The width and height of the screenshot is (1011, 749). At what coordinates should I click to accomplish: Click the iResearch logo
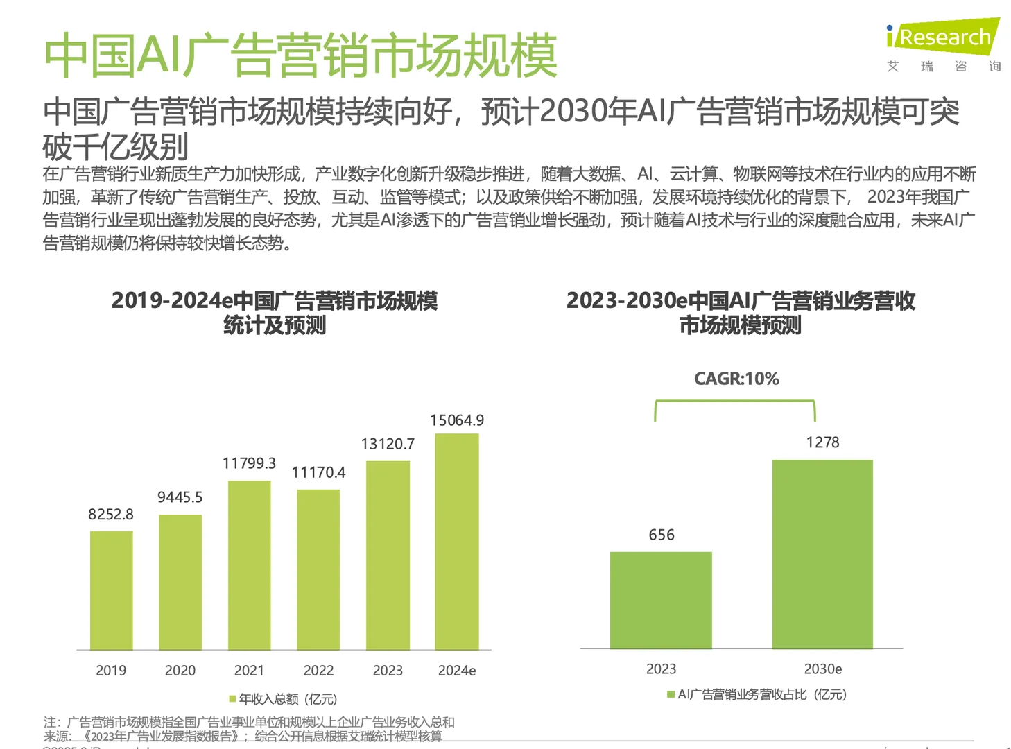(x=944, y=37)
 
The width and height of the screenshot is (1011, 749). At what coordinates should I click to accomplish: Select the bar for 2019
(x=111, y=590)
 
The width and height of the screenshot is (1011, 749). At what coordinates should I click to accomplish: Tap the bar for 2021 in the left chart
(x=249, y=565)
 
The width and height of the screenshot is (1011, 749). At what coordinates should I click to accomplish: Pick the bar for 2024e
(x=457, y=542)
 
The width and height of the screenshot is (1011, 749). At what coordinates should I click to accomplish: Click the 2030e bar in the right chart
(x=822, y=554)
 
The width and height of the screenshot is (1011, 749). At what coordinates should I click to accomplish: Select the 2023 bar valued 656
(x=661, y=600)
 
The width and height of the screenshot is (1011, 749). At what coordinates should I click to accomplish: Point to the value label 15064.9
(x=457, y=420)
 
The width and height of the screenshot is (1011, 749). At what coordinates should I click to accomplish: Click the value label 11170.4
(x=318, y=472)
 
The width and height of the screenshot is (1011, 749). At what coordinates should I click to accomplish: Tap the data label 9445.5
(x=180, y=497)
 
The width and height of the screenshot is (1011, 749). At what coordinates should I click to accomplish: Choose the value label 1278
(x=822, y=442)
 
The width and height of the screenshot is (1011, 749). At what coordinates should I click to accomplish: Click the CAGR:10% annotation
(x=736, y=379)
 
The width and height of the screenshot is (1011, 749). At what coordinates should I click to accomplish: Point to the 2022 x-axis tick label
(x=318, y=671)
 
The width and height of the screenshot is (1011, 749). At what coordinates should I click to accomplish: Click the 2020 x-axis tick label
(x=180, y=671)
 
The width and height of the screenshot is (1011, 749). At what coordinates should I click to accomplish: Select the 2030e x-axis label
(x=822, y=669)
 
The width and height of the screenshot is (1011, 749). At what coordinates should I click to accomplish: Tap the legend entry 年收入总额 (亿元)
(x=284, y=699)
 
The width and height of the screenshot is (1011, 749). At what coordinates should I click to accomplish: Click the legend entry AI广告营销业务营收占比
(x=757, y=694)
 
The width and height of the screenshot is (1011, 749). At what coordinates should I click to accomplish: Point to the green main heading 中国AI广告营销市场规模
(x=300, y=55)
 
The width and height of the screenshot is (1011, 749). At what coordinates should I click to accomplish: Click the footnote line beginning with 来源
(x=243, y=737)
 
